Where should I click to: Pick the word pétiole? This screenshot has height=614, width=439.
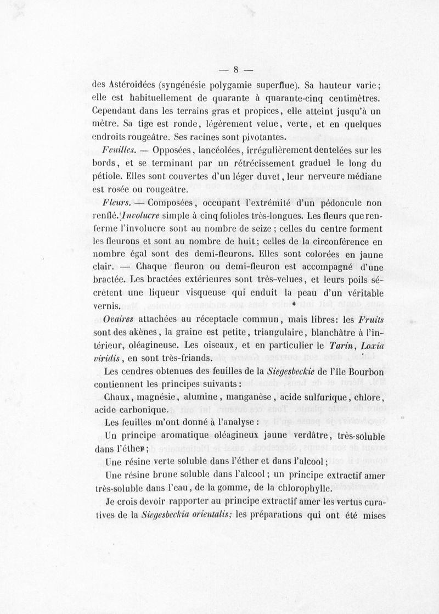tap(108, 177)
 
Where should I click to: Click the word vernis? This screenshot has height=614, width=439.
tap(108, 306)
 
